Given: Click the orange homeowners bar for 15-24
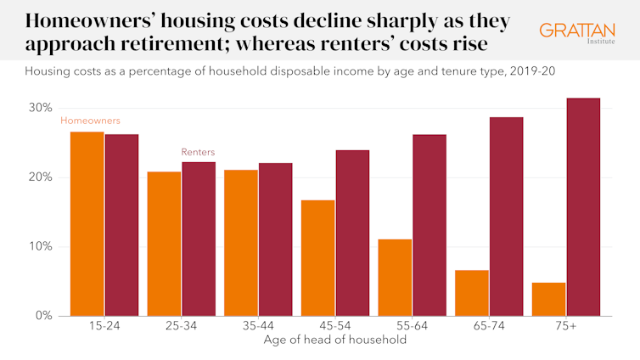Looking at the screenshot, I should tap(87, 224).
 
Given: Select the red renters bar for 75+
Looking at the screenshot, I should tap(583, 207).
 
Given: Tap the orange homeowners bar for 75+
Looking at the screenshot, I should tap(548, 299).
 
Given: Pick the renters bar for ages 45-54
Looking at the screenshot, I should tap(352, 233).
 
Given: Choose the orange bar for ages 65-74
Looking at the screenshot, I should tap(472, 293).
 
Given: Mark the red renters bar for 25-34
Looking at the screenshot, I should tap(199, 239).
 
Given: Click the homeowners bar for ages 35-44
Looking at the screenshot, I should tap(241, 243).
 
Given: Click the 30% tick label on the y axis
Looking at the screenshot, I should tap(41, 108).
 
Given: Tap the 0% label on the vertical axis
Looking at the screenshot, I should tap(44, 316).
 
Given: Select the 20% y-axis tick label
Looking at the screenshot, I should tap(41, 177).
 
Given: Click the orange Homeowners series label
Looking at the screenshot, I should tap(90, 121).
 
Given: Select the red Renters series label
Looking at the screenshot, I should tap(198, 152).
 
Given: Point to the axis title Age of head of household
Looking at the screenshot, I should tap(335, 340).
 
